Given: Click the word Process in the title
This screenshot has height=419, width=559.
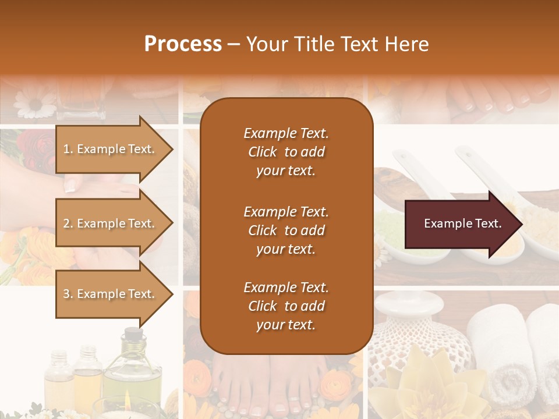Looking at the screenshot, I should point(183,44).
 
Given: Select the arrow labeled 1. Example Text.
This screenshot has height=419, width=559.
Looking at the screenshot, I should point(111,149).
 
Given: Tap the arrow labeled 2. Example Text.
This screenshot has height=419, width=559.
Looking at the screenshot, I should point(111,223).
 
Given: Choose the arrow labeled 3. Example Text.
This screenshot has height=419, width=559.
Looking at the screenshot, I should point(111,294).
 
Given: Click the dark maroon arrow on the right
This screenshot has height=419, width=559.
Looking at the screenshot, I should point(463,223).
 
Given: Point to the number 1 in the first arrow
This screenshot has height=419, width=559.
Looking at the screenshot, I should point(67,149).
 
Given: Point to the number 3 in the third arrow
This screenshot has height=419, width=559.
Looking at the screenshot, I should point(67,294).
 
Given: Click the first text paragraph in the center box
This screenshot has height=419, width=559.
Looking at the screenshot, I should point(286,152).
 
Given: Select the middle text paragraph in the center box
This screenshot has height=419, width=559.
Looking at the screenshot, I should point(286,230).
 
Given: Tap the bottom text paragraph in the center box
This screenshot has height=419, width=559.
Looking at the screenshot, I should point(286,306).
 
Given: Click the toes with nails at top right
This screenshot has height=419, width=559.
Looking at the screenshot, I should point(501,99).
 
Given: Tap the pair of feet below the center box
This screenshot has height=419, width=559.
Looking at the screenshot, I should point(268,387).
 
